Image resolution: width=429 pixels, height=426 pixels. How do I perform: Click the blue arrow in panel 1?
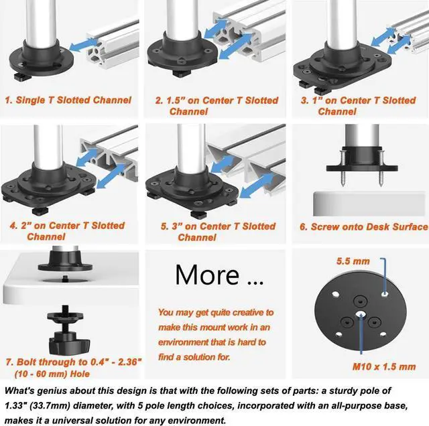83,44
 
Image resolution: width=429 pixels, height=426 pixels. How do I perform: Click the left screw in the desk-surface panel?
343,167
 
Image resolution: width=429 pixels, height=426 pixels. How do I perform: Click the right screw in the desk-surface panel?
381,167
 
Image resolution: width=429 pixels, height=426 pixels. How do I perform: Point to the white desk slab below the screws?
369,204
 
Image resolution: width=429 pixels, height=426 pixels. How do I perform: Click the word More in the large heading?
207,275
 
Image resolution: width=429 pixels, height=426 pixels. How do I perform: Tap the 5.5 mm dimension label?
353,261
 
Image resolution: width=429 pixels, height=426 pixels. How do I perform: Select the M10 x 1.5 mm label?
384,366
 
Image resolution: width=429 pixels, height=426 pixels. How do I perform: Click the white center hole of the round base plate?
361,314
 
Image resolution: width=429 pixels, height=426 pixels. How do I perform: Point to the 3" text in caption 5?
177,226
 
